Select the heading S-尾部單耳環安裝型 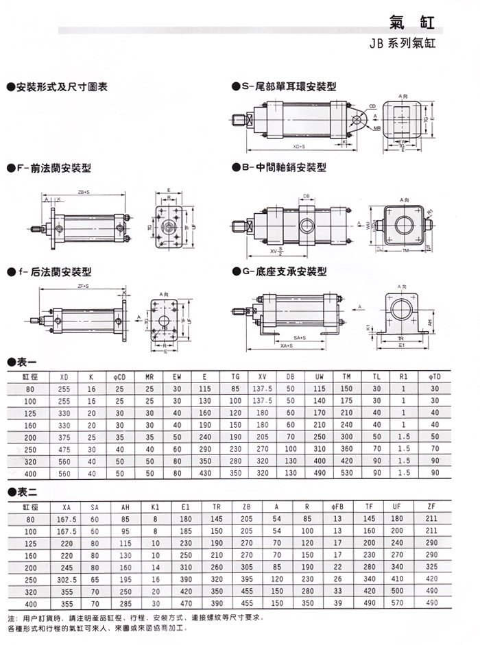point(283,88)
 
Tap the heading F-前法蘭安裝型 point(49,168)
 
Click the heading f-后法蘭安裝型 point(49,272)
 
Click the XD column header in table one point(64,377)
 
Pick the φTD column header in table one point(434,377)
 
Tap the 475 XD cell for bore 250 point(64,449)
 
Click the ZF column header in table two point(431,507)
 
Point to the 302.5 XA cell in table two point(66,579)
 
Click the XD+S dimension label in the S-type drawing point(299,147)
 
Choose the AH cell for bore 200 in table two point(125,566)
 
